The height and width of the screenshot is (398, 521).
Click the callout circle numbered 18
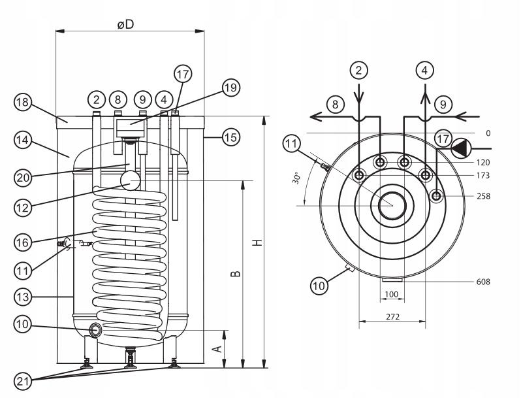23,103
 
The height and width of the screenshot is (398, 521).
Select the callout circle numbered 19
231,88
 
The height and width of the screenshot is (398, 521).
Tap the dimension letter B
236,271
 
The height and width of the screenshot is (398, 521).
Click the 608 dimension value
483,282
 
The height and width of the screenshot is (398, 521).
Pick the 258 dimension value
483,196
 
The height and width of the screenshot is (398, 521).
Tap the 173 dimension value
483,176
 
